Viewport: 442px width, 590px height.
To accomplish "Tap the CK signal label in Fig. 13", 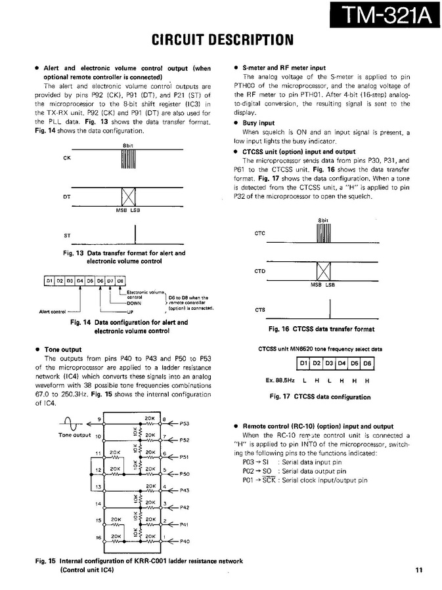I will tap(66, 158).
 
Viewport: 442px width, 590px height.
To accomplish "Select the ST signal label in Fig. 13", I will tap(66, 234).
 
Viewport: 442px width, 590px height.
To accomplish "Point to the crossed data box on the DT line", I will tap(128, 197).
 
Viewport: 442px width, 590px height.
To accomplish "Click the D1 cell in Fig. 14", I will tap(49, 281).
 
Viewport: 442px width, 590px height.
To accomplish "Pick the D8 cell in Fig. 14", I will tap(120, 281).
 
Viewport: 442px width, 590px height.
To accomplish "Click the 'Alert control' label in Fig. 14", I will tap(53, 312).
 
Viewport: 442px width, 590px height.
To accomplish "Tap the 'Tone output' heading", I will tap(62, 350).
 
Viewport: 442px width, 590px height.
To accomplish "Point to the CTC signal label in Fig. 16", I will tap(259, 233).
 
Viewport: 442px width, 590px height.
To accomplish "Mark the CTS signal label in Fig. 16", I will tap(259, 309).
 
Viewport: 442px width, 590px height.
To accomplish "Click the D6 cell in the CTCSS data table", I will tap(367, 363).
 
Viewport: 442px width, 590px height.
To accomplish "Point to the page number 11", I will tap(418, 570).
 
